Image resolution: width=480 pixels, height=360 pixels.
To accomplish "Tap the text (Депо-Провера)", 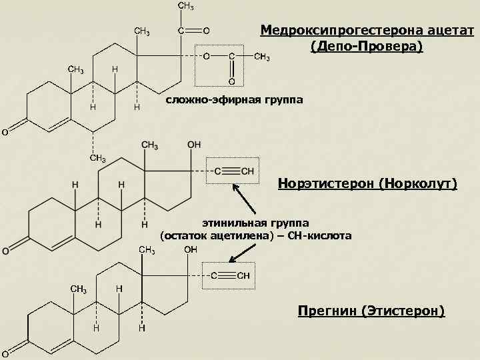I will click(366, 47).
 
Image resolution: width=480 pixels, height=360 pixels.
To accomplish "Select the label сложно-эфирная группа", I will click(234, 100).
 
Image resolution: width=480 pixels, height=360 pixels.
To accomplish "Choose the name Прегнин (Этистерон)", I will click(371, 311).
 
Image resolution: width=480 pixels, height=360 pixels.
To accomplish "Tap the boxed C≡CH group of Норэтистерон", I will click(231, 171).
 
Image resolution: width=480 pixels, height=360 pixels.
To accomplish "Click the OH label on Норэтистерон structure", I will click(194, 144).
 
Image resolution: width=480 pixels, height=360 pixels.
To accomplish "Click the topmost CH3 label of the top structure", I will click(186, 7).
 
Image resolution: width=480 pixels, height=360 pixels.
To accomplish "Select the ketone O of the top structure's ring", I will click(5, 132).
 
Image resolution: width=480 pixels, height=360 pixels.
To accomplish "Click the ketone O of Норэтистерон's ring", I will click(5, 251).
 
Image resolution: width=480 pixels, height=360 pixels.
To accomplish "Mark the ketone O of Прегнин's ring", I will click(5, 353).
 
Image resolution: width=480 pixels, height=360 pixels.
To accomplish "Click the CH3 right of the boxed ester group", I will click(262, 57).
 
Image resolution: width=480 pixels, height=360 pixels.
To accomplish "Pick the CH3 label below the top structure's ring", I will click(97, 158).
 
